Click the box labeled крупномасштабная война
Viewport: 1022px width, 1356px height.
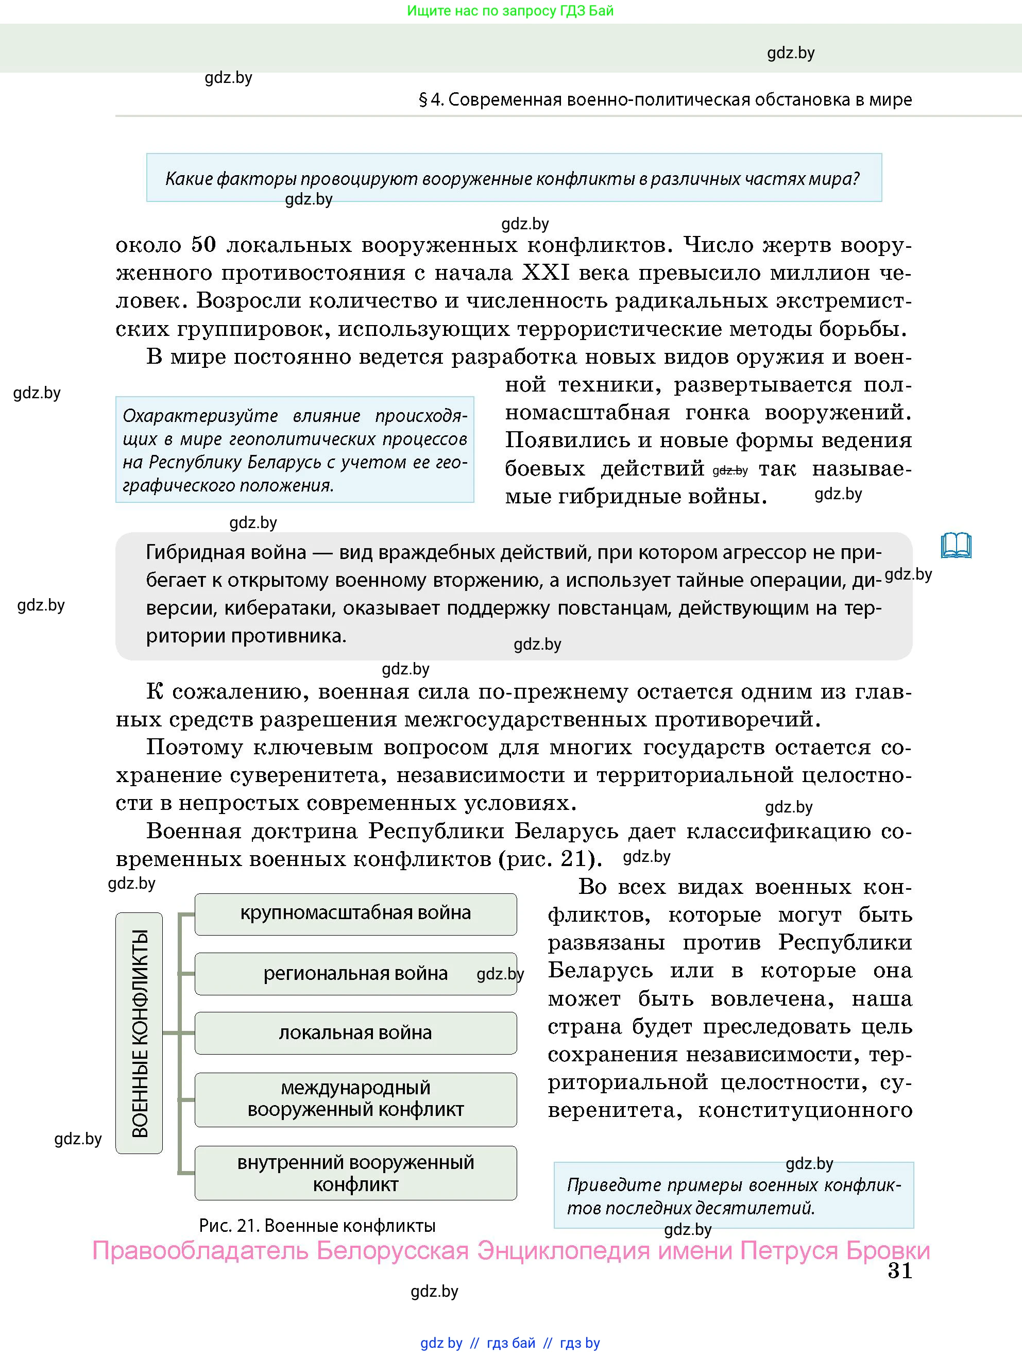pyautogui.click(x=355, y=913)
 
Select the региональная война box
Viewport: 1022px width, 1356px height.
pyautogui.click(x=355, y=974)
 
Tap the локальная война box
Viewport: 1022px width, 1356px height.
pyautogui.click(x=355, y=1033)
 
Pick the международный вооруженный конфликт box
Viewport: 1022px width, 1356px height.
pyautogui.click(x=355, y=1099)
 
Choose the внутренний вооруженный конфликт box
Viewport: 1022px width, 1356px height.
pyautogui.click(x=355, y=1173)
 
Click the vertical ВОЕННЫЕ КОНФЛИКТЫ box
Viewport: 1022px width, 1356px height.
pyautogui.click(x=139, y=1033)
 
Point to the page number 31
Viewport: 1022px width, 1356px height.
pyautogui.click(x=899, y=1271)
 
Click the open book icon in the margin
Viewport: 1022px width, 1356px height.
pyautogui.click(x=956, y=545)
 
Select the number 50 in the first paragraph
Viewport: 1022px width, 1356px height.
pyautogui.click(x=203, y=245)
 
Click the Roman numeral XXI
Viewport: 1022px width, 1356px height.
pyautogui.click(x=546, y=272)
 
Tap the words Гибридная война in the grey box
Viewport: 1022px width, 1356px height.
pyautogui.click(x=226, y=552)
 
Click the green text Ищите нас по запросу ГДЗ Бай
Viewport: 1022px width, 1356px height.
pyautogui.click(x=510, y=10)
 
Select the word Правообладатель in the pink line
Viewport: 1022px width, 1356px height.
pyautogui.click(x=200, y=1250)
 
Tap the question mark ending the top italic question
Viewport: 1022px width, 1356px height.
pyautogui.click(x=855, y=178)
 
